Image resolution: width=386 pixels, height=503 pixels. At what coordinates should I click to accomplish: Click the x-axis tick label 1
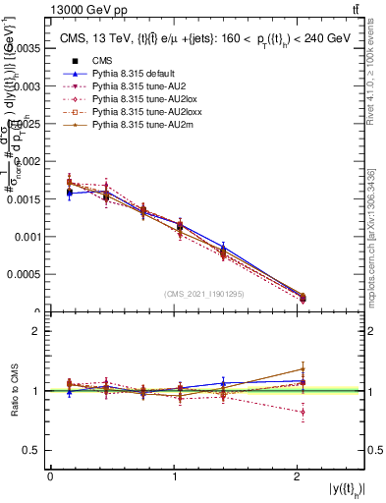175,476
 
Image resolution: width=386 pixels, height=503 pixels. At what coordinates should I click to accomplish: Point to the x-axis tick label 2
299,476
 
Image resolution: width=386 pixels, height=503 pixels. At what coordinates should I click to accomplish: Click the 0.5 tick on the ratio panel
32,450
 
